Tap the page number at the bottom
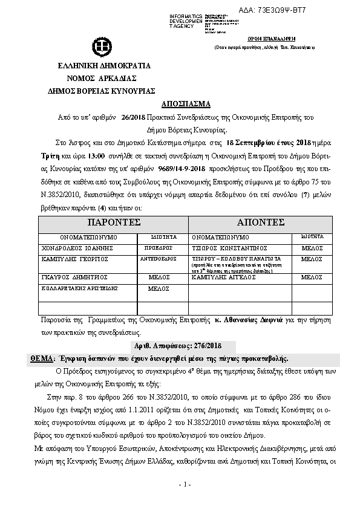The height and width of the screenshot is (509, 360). click(x=185, y=485)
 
